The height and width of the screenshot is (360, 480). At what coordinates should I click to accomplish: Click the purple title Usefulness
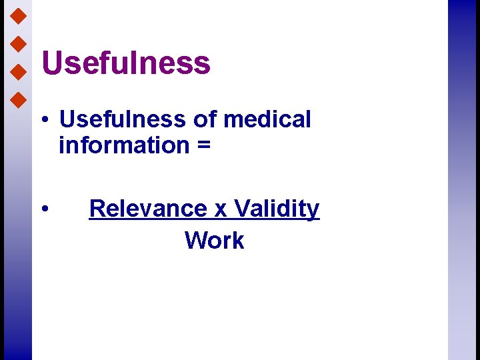pyautogui.click(x=126, y=63)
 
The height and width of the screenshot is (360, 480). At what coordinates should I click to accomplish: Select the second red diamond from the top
pyautogui.click(x=19, y=43)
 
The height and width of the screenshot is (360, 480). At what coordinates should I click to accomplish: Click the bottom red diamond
pyautogui.click(x=19, y=100)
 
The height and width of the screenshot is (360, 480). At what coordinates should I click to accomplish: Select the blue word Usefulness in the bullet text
pyautogui.click(x=122, y=119)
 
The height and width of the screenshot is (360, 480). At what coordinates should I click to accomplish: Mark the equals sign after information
pyautogui.click(x=203, y=145)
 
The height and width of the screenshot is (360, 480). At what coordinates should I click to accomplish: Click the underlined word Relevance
pyautogui.click(x=148, y=209)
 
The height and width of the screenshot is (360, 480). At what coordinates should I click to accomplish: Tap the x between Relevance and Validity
pyautogui.click(x=221, y=209)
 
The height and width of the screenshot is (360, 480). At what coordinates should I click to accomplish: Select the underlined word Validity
pyautogui.click(x=277, y=209)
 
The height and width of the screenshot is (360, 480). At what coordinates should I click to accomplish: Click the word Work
pyautogui.click(x=215, y=240)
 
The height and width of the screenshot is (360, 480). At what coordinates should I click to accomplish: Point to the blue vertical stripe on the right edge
pyautogui.click(x=463, y=180)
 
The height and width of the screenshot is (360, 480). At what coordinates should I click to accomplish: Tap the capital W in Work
pyautogui.click(x=195, y=240)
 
